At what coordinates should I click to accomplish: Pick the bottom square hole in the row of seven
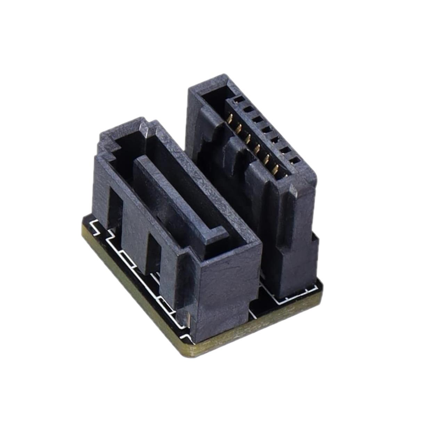tap(295, 161)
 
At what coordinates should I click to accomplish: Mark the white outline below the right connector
tap(295, 295)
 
